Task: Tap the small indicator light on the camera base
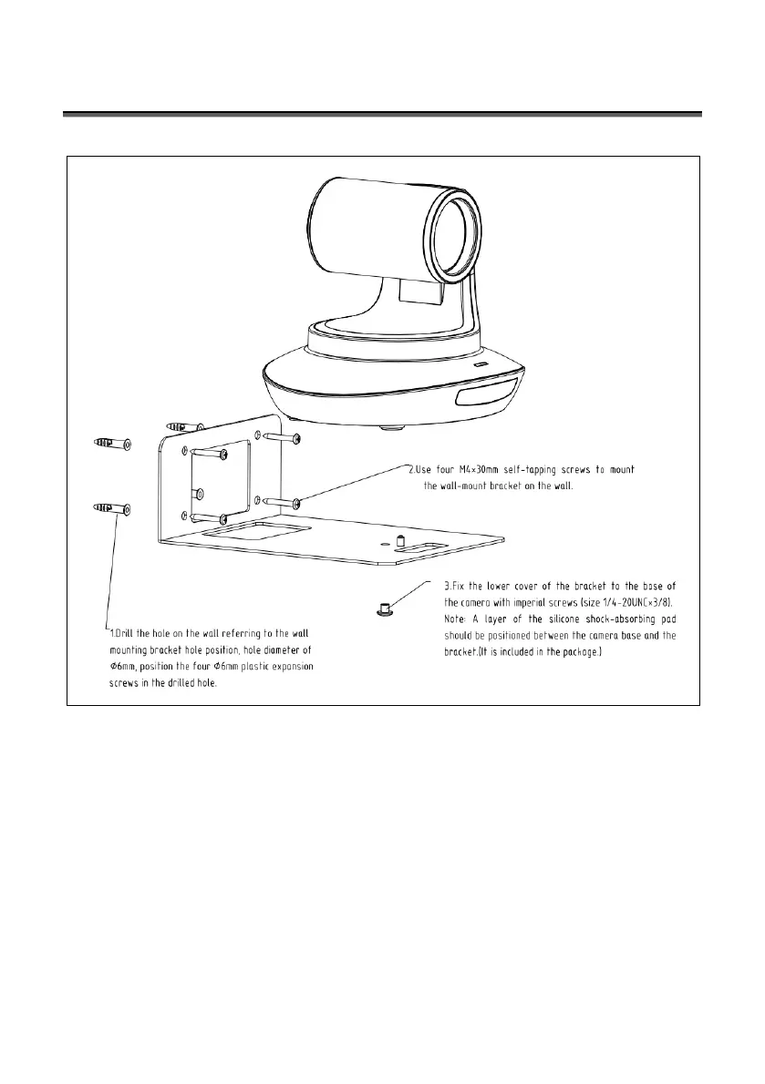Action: click(480, 364)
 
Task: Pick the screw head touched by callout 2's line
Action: click(296, 499)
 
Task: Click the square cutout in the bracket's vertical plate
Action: click(222, 481)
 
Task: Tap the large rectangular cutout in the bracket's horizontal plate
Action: click(254, 531)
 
